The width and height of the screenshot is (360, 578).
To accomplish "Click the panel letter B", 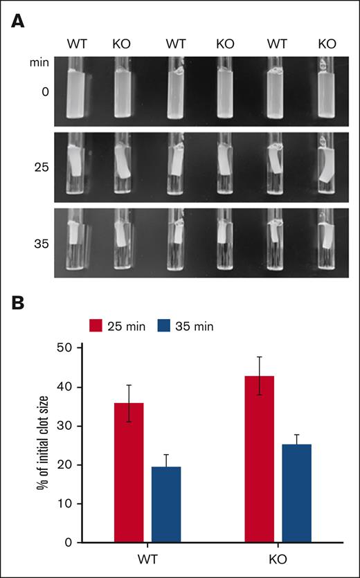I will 19,302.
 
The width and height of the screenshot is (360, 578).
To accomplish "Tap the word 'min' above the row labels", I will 39,62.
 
